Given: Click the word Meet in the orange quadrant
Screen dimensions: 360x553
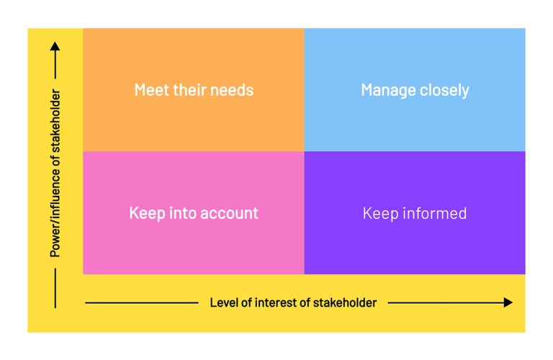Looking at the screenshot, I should click(150, 90).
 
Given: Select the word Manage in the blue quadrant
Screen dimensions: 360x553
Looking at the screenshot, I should click(388, 91).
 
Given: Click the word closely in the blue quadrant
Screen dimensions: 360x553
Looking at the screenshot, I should click(444, 91).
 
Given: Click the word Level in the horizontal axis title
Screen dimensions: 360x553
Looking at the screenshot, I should click(224, 302).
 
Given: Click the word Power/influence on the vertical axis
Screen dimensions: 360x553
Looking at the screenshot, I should click(55, 214).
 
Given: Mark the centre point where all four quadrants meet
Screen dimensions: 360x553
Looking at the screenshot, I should click(304, 151).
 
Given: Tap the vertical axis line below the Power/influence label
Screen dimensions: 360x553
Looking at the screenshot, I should click(55, 288).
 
